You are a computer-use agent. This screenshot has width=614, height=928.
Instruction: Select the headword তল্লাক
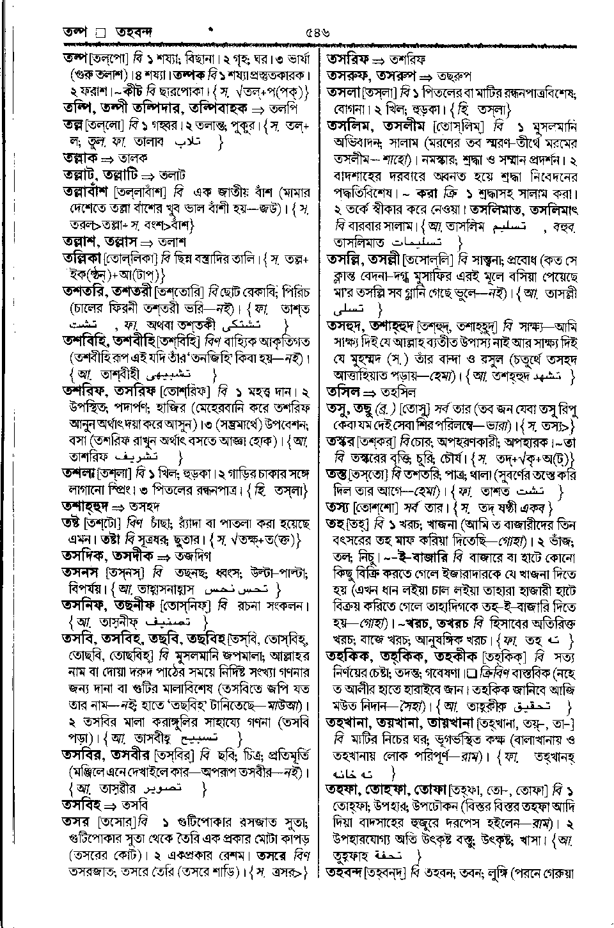tap(79, 157)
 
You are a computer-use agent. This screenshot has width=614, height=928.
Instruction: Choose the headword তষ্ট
tap(75, 523)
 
